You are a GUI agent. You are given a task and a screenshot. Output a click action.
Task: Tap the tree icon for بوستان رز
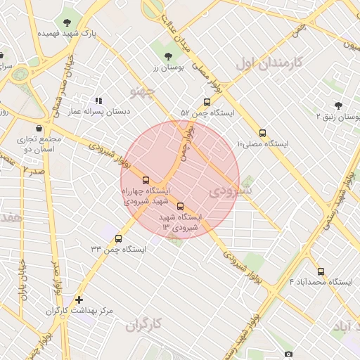click(x=167, y=56)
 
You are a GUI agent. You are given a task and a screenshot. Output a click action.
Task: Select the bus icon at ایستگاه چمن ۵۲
click(x=206, y=102)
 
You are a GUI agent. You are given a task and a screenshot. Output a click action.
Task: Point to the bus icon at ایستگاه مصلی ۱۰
click(x=263, y=133)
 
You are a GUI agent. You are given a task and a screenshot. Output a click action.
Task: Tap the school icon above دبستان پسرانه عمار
click(x=98, y=101)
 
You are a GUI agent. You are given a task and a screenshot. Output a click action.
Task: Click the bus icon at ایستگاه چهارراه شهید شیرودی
click(x=146, y=180)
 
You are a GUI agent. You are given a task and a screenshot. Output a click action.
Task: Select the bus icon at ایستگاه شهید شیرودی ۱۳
click(x=181, y=207)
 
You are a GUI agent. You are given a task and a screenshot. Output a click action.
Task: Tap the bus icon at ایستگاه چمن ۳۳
click(x=117, y=238)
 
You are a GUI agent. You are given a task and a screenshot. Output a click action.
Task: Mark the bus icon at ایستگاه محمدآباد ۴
click(x=321, y=271)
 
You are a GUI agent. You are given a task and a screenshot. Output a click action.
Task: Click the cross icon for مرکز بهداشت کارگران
click(x=79, y=300)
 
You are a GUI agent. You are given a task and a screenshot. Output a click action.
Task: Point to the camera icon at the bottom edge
click(x=288, y=354)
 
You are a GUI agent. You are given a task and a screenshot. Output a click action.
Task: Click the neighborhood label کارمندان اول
click(x=268, y=63)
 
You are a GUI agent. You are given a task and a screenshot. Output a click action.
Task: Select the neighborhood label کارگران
click(x=144, y=324)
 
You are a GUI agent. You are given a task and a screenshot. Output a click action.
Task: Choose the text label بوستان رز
click(x=167, y=68)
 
